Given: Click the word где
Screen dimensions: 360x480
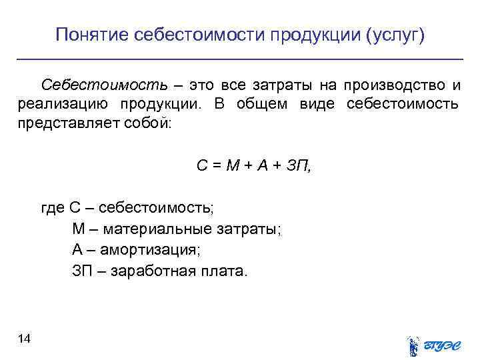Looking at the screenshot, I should [53, 209].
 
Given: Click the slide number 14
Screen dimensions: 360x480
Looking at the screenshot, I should [25, 339].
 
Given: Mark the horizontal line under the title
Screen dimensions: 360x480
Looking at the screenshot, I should [240, 60].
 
